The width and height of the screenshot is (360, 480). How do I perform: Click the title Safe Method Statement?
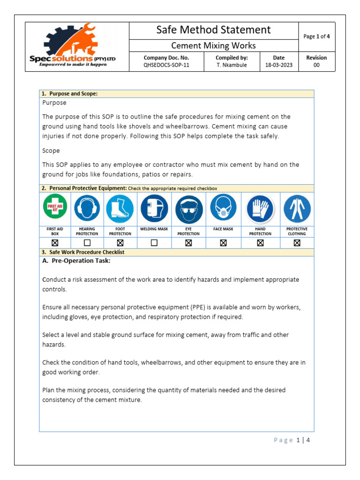tap(213, 30)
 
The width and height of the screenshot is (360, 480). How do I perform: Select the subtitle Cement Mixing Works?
tap(213, 45)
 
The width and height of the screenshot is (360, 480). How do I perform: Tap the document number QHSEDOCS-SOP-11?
tap(166, 65)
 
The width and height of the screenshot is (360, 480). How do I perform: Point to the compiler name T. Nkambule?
tap(232, 65)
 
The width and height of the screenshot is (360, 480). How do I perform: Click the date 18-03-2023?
tap(278, 65)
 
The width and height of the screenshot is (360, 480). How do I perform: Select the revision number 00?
tap(316, 65)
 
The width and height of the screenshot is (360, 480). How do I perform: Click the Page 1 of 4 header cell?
tap(316, 36)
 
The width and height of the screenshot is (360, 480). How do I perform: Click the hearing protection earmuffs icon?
tap(87, 209)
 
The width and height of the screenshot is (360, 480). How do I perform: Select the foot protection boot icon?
tap(120, 209)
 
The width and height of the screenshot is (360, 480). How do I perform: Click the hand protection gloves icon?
tap(260, 209)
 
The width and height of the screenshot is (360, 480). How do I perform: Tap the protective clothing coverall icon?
tap(297, 209)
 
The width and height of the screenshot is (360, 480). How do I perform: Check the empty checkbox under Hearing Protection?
tap(87, 243)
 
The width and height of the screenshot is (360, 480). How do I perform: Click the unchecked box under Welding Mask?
tap(154, 243)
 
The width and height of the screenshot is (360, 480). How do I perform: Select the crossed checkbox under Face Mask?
tap(223, 243)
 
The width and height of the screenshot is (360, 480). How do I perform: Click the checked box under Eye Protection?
tap(188, 243)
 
